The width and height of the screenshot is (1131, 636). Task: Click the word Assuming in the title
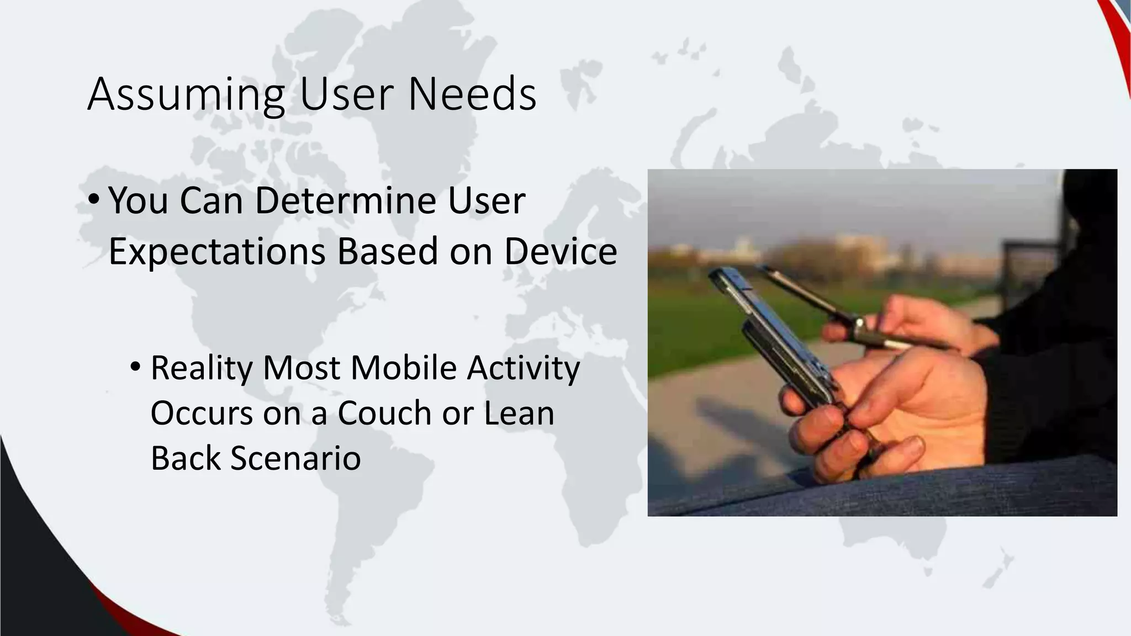(186, 96)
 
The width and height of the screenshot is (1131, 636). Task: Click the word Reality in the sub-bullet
(202, 369)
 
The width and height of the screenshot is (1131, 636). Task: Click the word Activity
(523, 369)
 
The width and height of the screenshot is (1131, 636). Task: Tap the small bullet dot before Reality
(136, 367)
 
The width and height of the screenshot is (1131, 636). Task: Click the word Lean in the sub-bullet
(519, 413)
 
